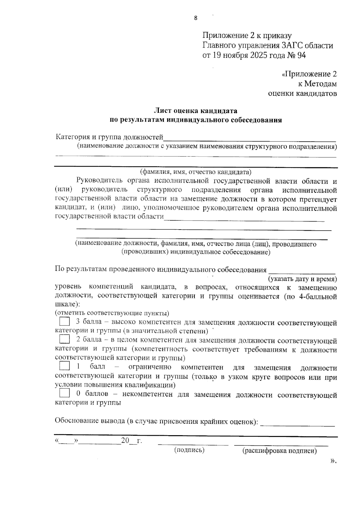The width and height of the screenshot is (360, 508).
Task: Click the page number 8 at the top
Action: [196, 18]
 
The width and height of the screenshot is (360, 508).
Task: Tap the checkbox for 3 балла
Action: [64, 322]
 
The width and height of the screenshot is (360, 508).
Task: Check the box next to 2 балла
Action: [64, 339]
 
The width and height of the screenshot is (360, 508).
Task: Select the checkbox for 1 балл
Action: [64, 366]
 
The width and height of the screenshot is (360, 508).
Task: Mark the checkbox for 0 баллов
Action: [64, 393]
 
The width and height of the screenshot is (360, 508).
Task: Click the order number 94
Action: [301, 55]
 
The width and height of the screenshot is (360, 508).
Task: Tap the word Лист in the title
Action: [163, 111]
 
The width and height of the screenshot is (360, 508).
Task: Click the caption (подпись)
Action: [189, 450]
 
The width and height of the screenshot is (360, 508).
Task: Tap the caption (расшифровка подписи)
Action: [279, 451]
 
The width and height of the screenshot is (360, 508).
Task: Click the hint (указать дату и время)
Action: [302, 279]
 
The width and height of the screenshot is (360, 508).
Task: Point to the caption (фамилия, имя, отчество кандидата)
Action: [196, 172]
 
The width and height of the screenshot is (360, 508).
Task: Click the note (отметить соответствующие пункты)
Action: [112, 313]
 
